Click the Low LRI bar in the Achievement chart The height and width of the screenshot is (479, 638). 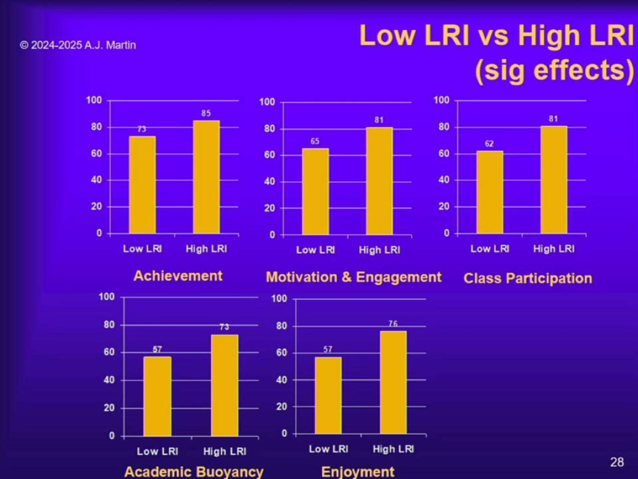(x=143, y=185)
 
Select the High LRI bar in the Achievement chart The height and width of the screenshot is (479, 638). (x=206, y=177)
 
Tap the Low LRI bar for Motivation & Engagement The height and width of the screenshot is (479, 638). (x=315, y=192)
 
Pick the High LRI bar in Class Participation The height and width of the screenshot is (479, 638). (x=554, y=180)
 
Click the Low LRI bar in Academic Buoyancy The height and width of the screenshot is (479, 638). (x=157, y=396)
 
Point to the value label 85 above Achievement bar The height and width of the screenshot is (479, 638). (x=206, y=113)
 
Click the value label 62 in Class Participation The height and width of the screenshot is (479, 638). (x=489, y=144)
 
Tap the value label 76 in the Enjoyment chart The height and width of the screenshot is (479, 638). (x=393, y=324)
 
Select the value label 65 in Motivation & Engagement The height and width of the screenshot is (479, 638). (x=315, y=141)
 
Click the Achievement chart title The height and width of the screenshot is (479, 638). (x=178, y=276)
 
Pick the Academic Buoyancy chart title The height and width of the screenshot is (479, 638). (x=194, y=471)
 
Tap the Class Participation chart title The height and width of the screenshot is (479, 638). (x=528, y=278)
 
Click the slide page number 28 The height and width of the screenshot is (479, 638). (x=617, y=462)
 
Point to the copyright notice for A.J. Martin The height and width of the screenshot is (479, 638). (x=78, y=45)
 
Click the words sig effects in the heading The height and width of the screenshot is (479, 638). (x=555, y=71)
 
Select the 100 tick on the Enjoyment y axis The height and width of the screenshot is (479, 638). (x=279, y=299)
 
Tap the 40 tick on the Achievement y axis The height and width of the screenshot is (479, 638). (x=96, y=180)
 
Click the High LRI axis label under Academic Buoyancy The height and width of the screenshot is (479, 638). (x=225, y=452)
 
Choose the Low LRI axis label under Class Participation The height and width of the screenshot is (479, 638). (x=490, y=249)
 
